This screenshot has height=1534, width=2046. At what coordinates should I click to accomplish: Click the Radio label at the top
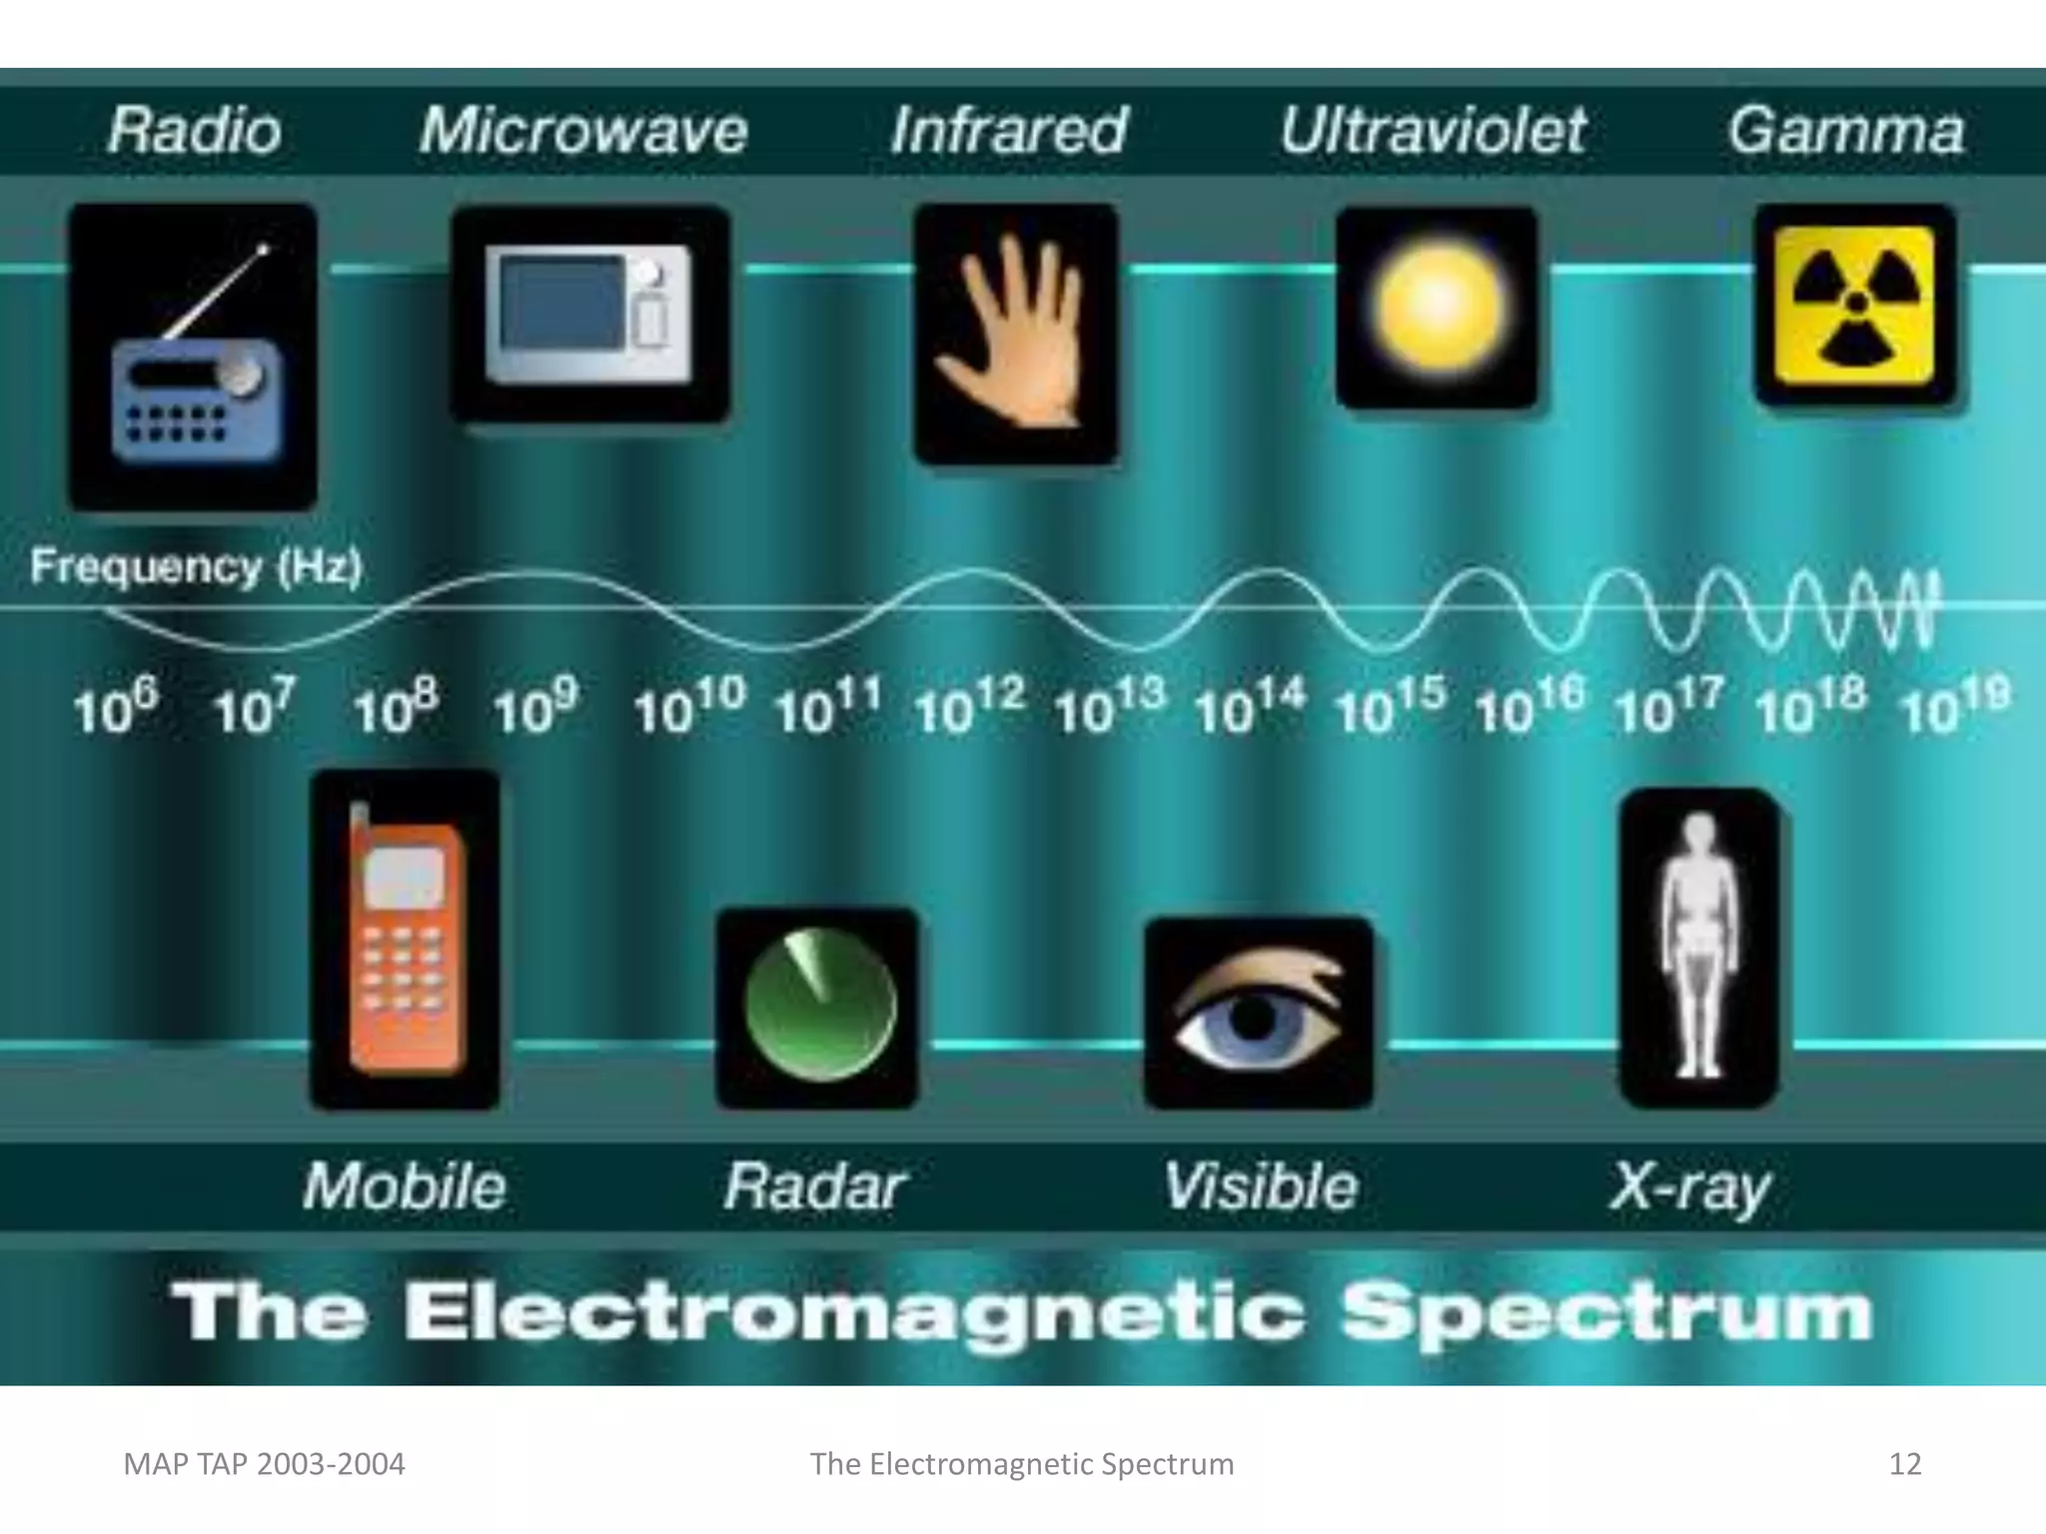195,131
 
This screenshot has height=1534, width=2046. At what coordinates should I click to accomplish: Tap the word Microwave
583,131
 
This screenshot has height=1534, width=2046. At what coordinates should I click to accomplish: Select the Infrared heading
1009,131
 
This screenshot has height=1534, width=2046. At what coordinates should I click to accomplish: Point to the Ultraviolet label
1434,131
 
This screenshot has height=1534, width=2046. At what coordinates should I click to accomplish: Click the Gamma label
1846,131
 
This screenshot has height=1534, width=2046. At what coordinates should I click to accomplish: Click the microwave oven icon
589,313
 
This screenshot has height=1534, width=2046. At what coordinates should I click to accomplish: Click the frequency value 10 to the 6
115,707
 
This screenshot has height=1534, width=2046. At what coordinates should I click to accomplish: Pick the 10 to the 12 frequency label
967,707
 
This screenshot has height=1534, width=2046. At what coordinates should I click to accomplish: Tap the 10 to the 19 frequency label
1954,707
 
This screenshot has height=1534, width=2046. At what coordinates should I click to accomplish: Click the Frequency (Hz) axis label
196,567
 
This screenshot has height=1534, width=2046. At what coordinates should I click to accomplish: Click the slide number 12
1905,1464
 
